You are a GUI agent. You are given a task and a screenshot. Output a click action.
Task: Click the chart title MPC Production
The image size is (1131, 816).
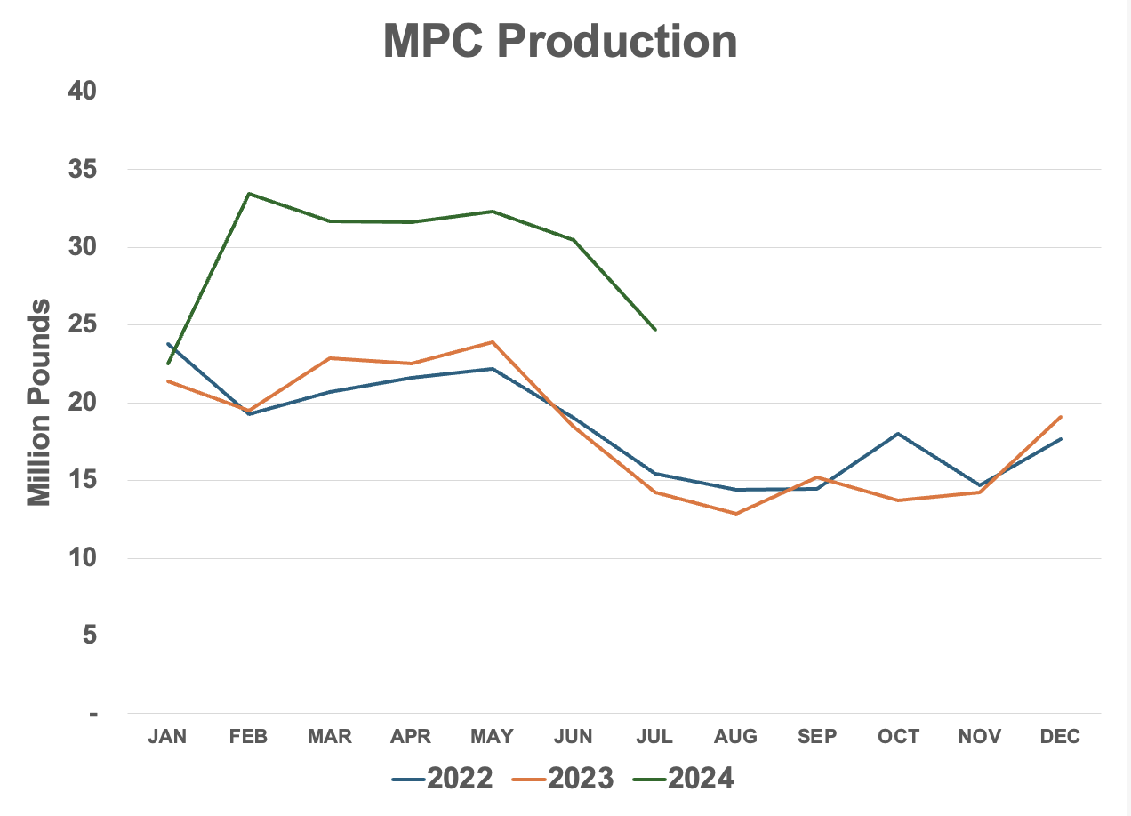560,41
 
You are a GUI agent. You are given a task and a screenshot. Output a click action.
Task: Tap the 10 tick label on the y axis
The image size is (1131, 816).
84,559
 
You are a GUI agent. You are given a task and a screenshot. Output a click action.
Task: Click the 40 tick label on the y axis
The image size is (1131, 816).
84,92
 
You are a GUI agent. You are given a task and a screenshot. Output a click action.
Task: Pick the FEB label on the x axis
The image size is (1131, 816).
248,737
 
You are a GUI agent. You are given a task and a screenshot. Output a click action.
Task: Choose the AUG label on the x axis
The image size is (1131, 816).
735,737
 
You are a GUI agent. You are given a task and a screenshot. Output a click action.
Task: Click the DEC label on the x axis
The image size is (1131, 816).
1060,737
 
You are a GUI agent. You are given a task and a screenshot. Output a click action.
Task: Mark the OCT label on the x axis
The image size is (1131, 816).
898,737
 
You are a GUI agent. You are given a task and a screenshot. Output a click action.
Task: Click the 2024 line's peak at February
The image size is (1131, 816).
249,193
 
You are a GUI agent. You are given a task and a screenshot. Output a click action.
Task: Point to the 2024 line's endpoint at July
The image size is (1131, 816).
655,330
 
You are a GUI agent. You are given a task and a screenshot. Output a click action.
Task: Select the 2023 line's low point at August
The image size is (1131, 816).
736,514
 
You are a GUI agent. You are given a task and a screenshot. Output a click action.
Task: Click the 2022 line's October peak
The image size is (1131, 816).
898,434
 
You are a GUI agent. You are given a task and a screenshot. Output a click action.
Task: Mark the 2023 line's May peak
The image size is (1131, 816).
493,341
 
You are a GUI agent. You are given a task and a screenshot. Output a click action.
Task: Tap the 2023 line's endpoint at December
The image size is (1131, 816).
1061,416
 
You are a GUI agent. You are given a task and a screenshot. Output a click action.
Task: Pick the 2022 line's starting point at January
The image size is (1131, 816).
168,344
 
